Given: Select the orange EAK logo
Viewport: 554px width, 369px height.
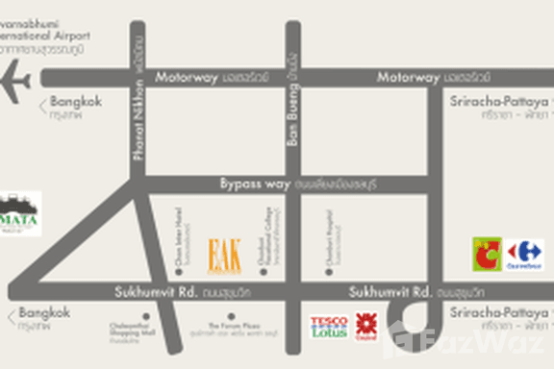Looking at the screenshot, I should pos(224,254).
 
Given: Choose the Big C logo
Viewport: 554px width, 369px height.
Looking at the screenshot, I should pos(486,253).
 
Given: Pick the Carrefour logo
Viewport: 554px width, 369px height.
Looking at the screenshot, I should pos(525,253).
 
